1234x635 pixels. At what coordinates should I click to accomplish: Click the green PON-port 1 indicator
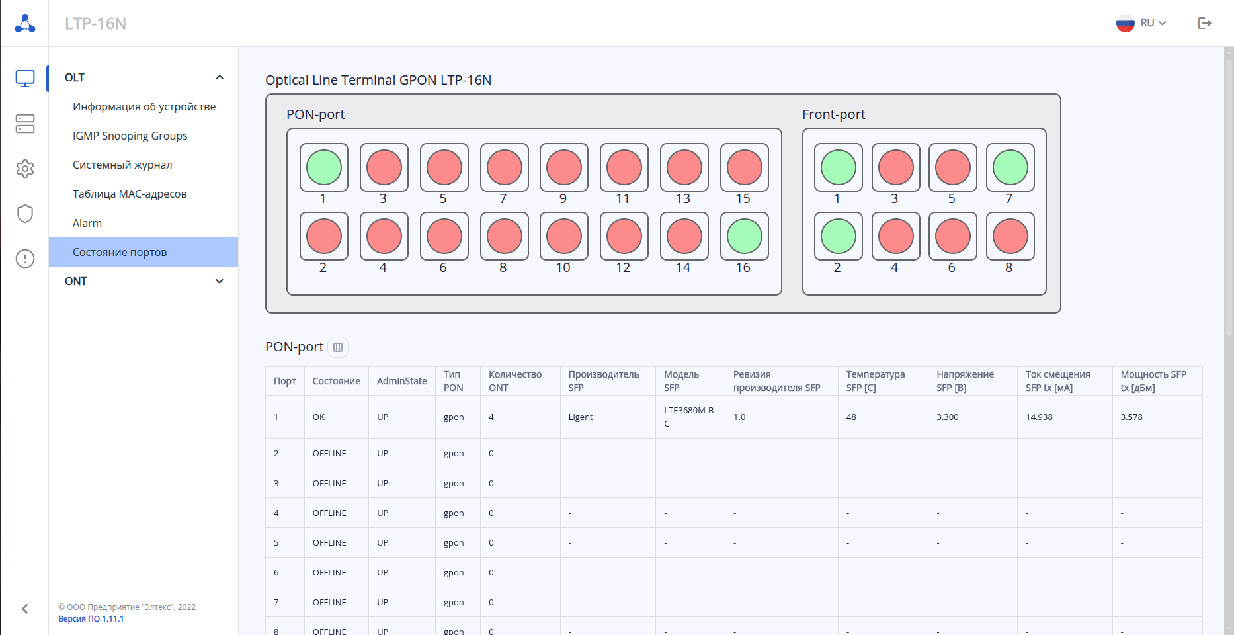pos(324,167)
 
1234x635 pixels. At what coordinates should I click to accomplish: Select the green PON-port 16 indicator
pos(745,236)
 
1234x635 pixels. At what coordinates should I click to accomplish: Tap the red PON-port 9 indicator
pos(564,167)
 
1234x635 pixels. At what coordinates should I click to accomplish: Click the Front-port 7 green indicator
pos(1010,167)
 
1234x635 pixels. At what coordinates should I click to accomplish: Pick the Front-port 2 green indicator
pos(839,236)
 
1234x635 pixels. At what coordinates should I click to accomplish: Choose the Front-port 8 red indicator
pos(1010,236)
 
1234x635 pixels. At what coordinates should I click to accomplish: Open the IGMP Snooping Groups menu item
pos(130,136)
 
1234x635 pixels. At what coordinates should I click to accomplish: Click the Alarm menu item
pos(87,223)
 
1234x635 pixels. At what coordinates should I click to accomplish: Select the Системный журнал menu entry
pos(122,165)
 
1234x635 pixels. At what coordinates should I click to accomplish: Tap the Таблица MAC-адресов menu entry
pos(130,194)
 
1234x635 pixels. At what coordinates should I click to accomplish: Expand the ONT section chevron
pos(220,281)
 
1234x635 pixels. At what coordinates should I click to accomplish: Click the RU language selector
pos(1141,23)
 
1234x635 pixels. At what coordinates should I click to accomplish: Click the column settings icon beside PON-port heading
pos(338,347)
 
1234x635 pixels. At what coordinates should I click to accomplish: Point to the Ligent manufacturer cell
pos(581,417)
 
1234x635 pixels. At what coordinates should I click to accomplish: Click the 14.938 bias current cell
pos(1039,417)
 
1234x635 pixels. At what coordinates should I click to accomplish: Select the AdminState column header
pos(401,381)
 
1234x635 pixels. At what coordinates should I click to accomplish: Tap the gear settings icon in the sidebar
pos(25,169)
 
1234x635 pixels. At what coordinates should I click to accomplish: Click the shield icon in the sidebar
pos(25,214)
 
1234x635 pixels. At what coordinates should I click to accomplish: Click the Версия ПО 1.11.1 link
pos(91,619)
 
